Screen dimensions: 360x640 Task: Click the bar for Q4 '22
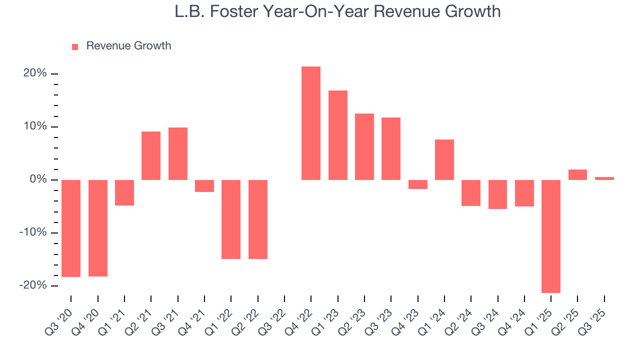point(311,123)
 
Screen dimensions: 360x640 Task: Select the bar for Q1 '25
point(551,236)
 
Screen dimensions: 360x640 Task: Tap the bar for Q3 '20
point(71,228)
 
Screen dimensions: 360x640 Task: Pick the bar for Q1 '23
point(338,135)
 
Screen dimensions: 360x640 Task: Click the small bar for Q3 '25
point(604,178)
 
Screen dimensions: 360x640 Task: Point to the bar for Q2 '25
point(577,174)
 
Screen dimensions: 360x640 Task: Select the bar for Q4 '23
point(418,184)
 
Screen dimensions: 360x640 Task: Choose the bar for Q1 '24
point(444,159)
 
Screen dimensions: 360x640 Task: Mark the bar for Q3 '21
point(178,153)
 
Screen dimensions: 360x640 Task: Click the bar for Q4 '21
point(204,186)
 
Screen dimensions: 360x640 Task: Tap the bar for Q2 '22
point(258,219)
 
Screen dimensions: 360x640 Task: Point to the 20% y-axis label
point(35,73)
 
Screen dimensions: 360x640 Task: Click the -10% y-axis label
point(33,232)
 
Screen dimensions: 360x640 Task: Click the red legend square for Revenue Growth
point(75,46)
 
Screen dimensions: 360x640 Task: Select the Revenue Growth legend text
point(128,46)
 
